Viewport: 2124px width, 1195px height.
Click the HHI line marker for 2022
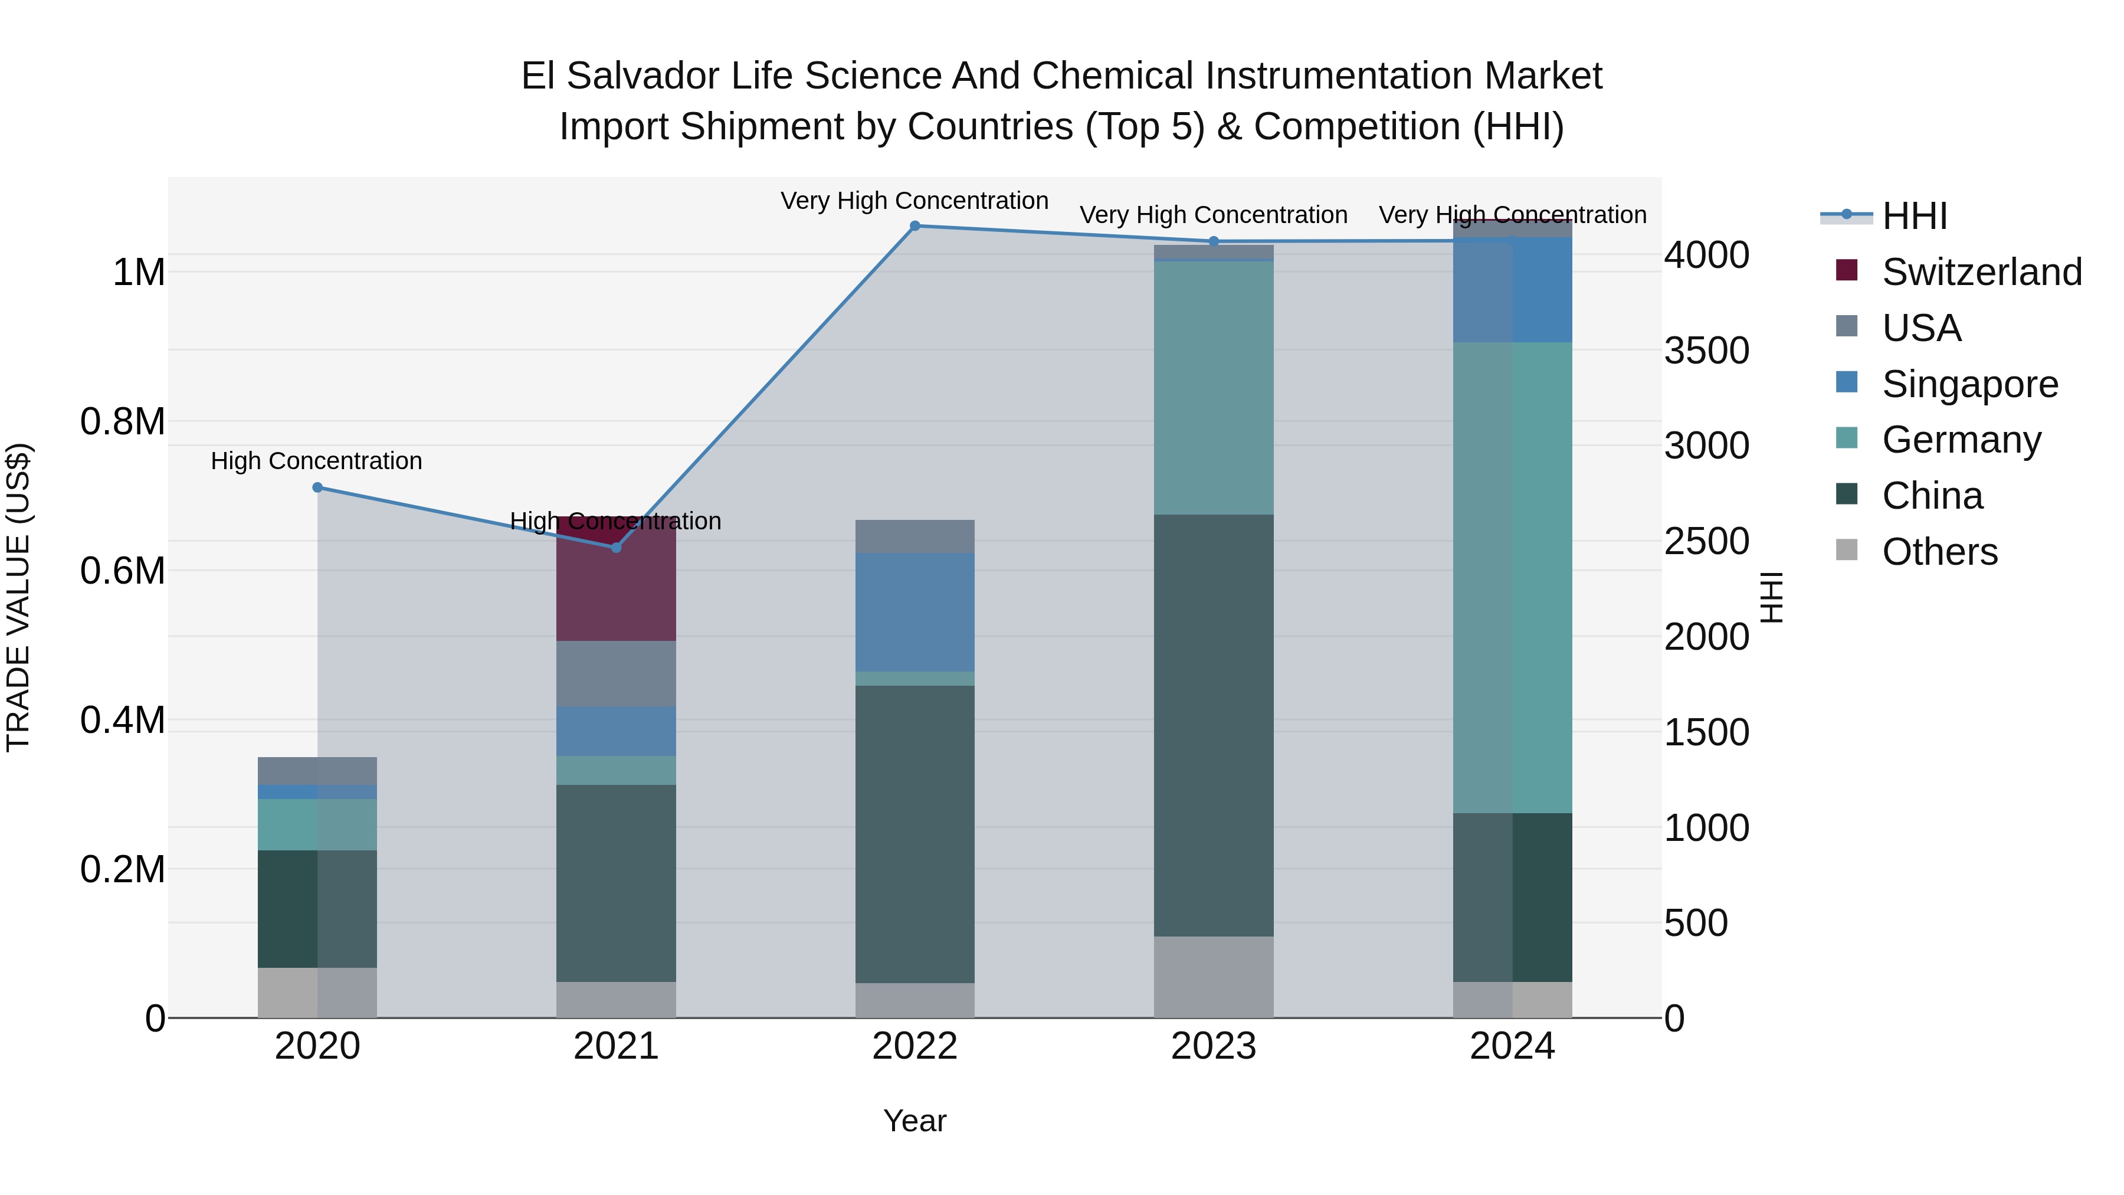coord(914,226)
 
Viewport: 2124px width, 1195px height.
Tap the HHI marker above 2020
coord(317,487)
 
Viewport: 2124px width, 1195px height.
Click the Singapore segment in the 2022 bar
coord(914,612)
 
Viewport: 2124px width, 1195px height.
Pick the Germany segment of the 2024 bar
coord(1512,577)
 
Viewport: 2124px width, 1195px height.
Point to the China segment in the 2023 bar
coord(1213,726)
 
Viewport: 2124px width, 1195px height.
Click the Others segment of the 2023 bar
coord(1213,977)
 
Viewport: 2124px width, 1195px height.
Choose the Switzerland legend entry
coord(1981,272)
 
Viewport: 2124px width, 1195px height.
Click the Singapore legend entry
coord(1970,384)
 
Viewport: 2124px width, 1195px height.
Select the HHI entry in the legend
coord(1914,216)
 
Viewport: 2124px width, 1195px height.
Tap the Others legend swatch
coord(1847,550)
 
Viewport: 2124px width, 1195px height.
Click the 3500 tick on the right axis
coord(1706,351)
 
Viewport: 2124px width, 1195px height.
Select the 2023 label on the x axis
coord(1213,1046)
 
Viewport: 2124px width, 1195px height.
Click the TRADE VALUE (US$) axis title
coord(18,597)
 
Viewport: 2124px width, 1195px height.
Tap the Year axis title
coord(914,1121)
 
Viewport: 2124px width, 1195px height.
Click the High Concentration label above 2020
coord(317,460)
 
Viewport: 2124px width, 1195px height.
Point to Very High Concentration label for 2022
coord(914,201)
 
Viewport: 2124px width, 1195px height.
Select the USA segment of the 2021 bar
coord(616,673)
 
